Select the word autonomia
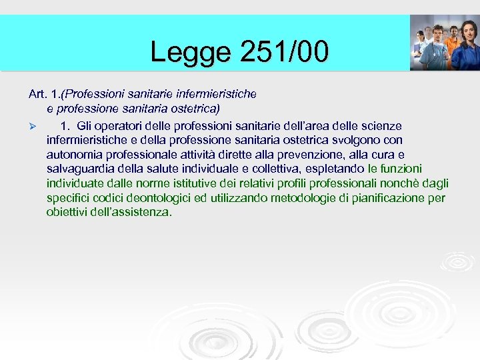click(x=71, y=154)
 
